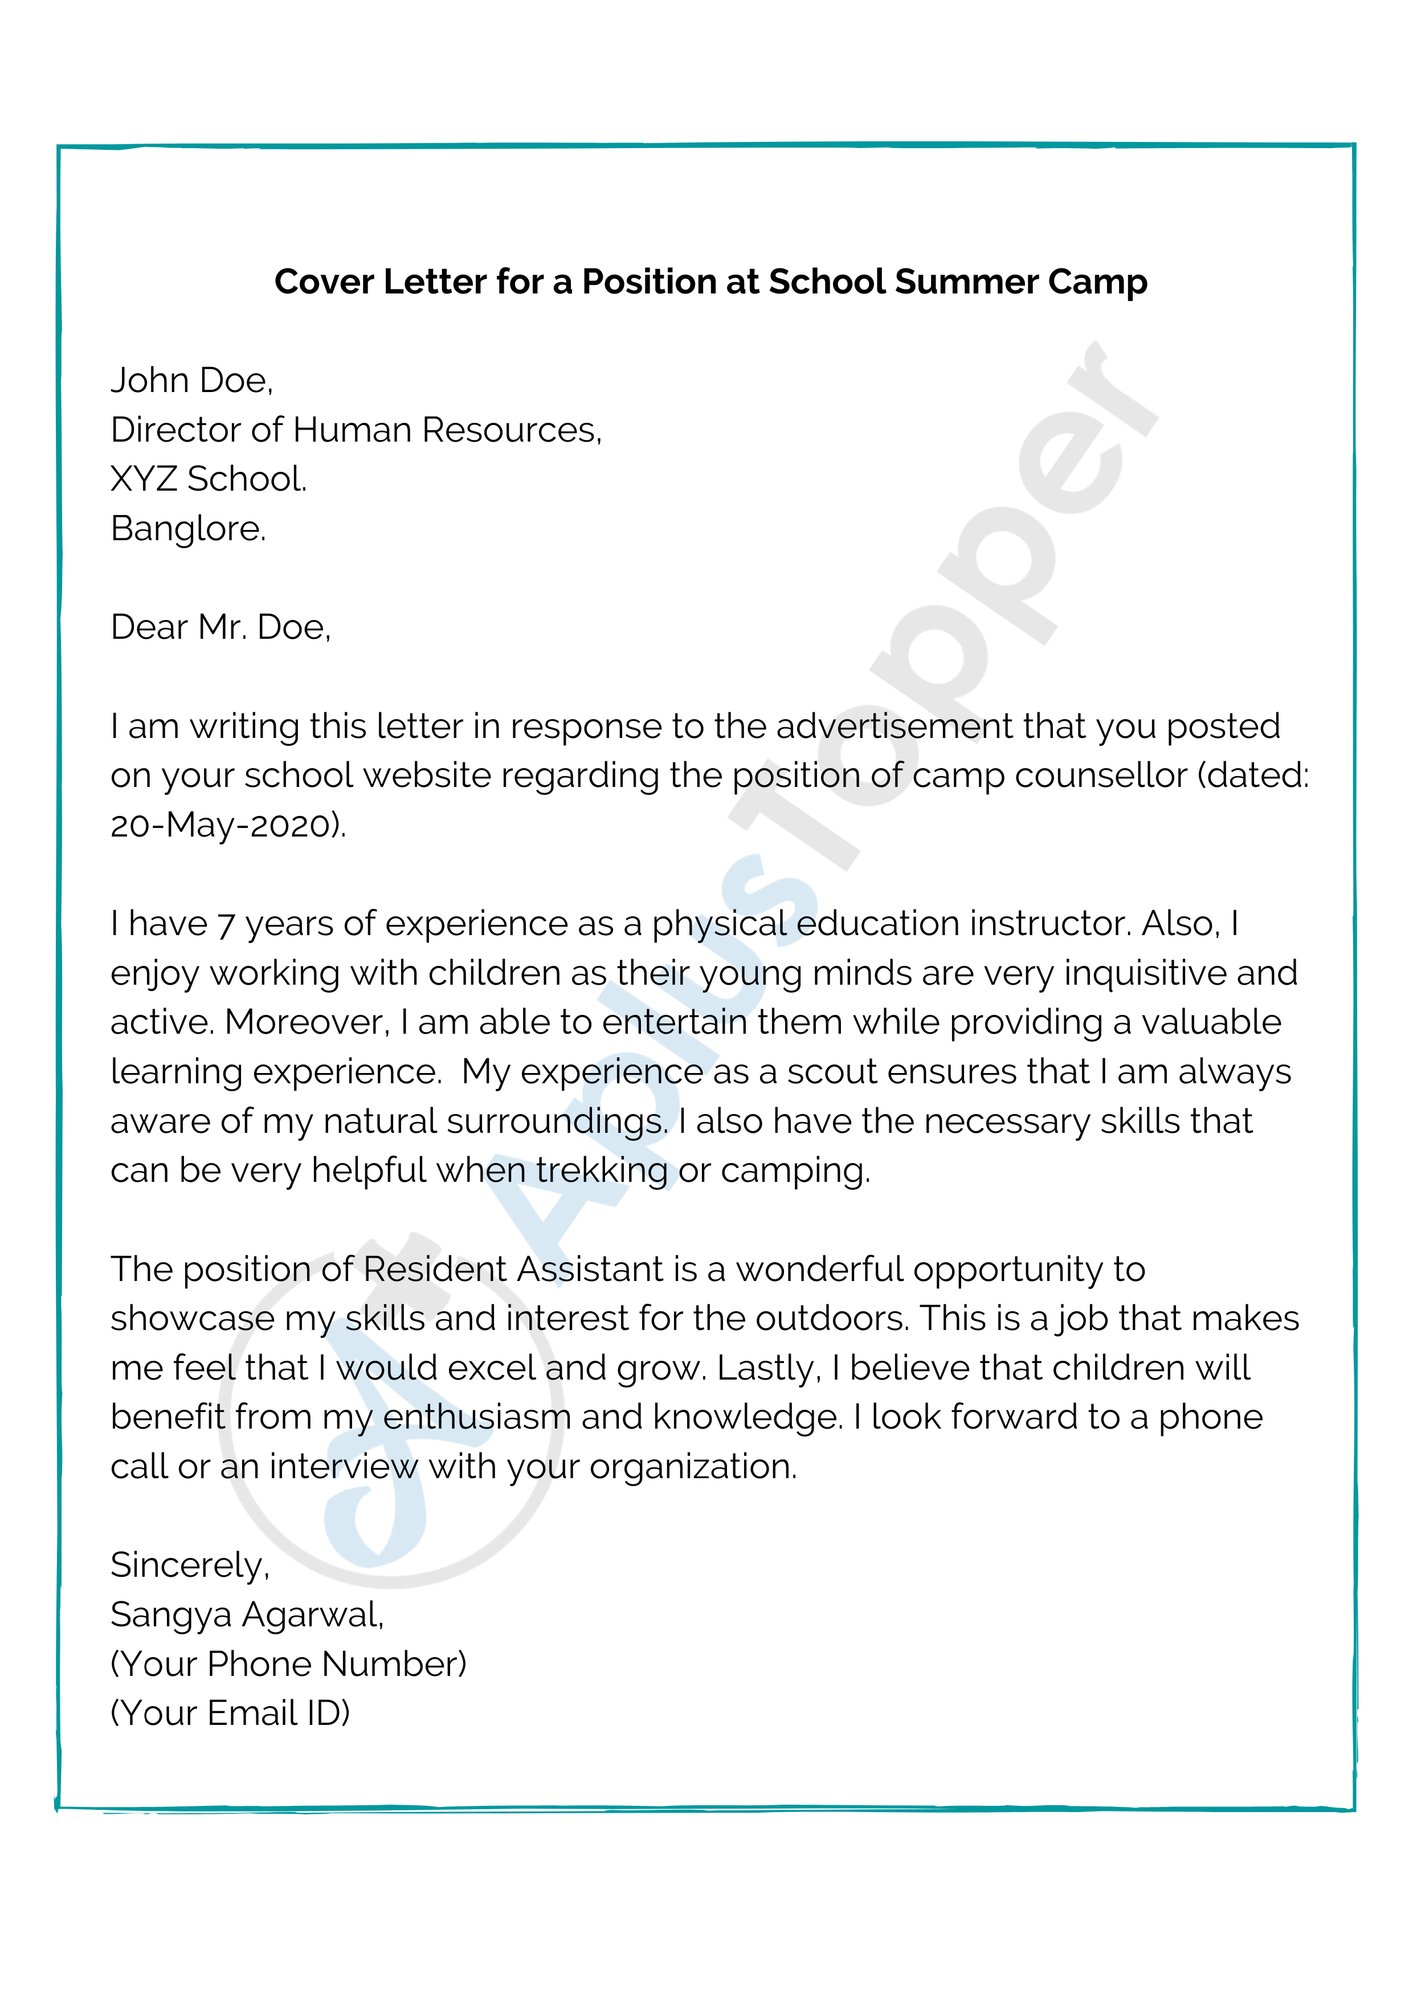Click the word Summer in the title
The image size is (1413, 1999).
(x=966, y=282)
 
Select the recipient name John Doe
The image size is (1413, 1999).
(x=191, y=381)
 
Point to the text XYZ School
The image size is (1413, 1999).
(x=209, y=479)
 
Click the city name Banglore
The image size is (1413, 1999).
(x=188, y=528)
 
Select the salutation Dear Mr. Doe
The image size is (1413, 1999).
(x=220, y=627)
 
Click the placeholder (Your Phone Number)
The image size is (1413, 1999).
(x=288, y=1664)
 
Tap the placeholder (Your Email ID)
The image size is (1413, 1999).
(x=230, y=1714)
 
